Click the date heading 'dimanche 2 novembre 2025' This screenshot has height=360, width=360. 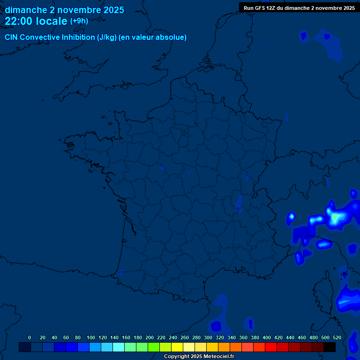tap(64, 10)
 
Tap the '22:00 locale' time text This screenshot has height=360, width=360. tap(36, 21)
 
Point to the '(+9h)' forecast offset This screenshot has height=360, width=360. tap(79, 21)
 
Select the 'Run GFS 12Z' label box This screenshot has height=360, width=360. tap(299, 7)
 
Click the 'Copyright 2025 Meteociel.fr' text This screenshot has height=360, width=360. tap(199, 356)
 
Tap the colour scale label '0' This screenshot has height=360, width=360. tap(30, 337)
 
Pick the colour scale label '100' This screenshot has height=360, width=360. tap(91, 337)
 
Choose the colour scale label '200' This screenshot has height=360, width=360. tap(150, 337)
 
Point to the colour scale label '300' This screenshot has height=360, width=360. tap(208, 337)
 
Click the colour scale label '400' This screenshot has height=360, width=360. tap(267, 337)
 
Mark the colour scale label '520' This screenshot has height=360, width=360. tap(337, 337)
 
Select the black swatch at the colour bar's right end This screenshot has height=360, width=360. tap(330, 347)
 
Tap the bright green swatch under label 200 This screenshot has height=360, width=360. tap(154, 347)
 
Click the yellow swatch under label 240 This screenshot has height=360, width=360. tap(177, 347)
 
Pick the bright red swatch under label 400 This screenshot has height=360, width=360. tap(271, 347)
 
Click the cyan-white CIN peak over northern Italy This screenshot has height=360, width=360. tap(335, 218)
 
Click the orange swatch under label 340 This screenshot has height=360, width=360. tap(236, 347)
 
